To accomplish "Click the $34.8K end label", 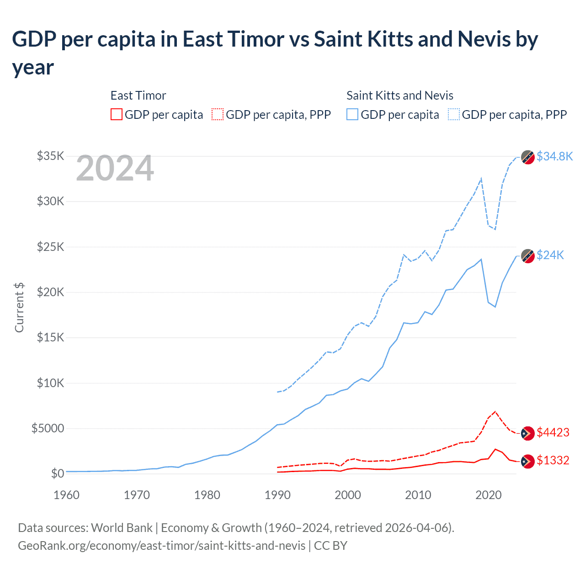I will [554, 156].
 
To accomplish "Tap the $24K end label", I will [550, 255].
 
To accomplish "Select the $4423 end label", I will [553, 432].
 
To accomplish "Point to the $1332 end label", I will [553, 460].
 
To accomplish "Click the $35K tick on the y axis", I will [50, 156].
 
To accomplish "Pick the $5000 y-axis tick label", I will [48, 428].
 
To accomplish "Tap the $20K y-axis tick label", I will [50, 292].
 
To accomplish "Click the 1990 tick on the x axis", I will [277, 495].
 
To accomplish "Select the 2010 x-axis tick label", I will [418, 495].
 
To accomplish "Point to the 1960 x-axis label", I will [67, 495].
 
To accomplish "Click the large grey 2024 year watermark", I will [115, 169].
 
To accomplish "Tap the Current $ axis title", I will [19, 307].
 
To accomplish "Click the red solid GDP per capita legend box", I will [117, 114].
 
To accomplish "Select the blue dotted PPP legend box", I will [454, 114].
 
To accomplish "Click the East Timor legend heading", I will [138, 96].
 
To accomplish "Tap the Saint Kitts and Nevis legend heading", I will [399, 96].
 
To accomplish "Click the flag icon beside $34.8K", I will [528, 157].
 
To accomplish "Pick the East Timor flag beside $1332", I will [528, 461].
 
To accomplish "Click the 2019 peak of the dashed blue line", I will [481, 179].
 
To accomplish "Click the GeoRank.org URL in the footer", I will [161, 546].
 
